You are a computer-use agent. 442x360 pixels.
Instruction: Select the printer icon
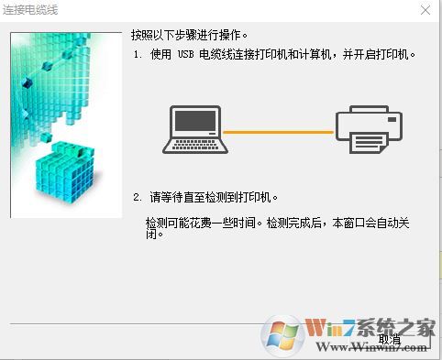[x=369, y=130]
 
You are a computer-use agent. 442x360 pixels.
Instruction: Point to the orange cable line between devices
[x=279, y=132]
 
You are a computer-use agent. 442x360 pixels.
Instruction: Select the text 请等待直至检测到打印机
[x=210, y=197]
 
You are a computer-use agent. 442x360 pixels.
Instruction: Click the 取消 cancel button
[x=389, y=338]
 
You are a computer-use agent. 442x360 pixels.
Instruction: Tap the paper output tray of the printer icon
[x=369, y=147]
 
